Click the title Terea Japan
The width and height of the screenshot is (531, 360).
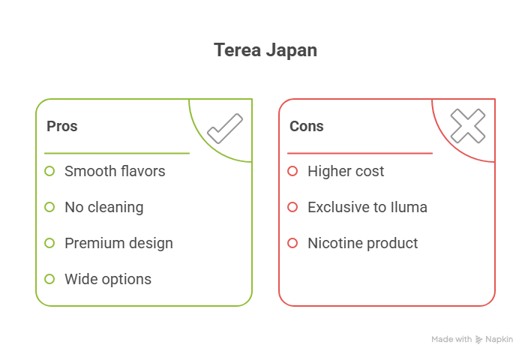click(x=265, y=50)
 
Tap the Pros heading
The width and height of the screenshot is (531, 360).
click(x=62, y=126)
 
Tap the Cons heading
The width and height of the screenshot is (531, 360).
click(x=306, y=126)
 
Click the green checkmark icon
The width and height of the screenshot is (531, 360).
click(x=224, y=127)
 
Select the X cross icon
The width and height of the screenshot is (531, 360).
click(x=467, y=126)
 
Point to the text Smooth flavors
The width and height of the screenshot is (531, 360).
click(x=115, y=171)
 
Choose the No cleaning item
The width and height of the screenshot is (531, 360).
click(x=103, y=207)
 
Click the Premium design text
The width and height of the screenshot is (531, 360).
click(x=118, y=243)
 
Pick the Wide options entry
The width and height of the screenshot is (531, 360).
click(x=108, y=279)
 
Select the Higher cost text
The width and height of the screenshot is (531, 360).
click(x=346, y=171)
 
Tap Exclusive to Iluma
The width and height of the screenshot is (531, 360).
click(x=367, y=207)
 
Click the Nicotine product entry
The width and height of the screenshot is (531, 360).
click(x=363, y=243)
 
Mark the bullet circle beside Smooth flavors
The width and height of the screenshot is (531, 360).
click(x=49, y=171)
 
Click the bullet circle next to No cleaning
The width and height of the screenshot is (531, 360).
click(x=49, y=207)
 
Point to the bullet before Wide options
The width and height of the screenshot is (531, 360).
click(x=49, y=279)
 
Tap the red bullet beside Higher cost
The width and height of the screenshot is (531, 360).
click(x=292, y=171)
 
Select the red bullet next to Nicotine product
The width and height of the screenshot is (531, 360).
click(x=292, y=243)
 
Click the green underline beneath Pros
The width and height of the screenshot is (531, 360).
click(x=116, y=153)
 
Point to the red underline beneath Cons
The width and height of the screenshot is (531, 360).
click(x=359, y=153)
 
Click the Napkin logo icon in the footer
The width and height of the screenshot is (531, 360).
click(x=478, y=340)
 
